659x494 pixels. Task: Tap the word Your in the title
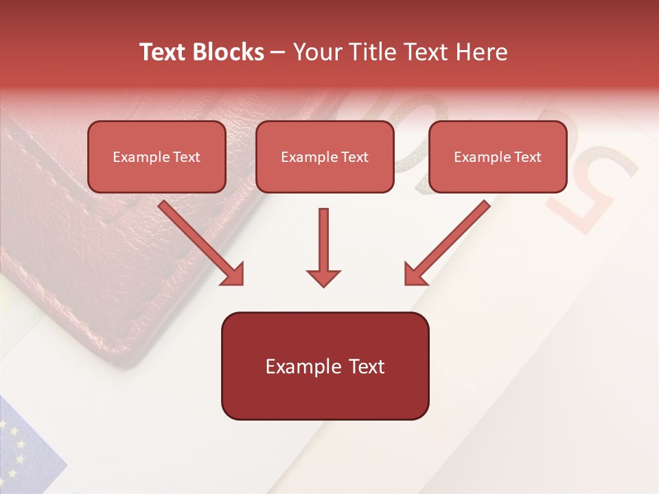(x=319, y=52)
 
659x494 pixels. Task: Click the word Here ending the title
(x=484, y=52)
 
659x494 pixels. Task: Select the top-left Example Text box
(x=157, y=156)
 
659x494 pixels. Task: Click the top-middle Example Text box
(x=325, y=156)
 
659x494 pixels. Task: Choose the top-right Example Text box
(x=498, y=156)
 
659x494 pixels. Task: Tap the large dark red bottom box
(x=325, y=366)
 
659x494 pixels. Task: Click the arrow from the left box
(x=199, y=242)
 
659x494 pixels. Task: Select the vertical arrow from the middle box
(x=323, y=244)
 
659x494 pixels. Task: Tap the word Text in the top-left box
(x=187, y=157)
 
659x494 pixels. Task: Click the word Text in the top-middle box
(x=355, y=157)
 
